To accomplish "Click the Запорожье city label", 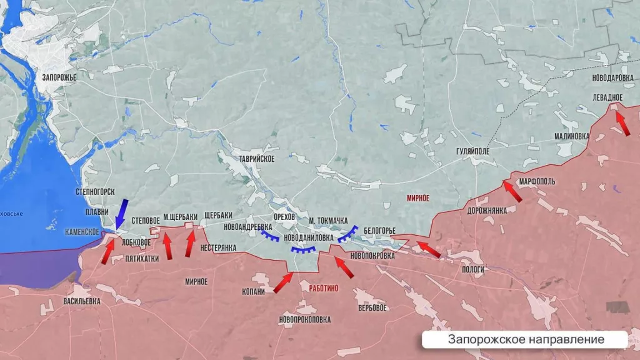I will click(x=59, y=77).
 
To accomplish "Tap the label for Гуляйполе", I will click(x=473, y=152).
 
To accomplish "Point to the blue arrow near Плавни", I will click(x=121, y=214).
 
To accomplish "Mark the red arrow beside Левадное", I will click(x=622, y=122).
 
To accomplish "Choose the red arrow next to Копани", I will click(x=282, y=283).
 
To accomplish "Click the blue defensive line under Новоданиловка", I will click(x=303, y=250).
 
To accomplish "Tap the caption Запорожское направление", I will click(x=526, y=339).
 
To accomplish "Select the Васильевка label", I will click(x=82, y=301).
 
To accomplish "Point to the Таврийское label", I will click(x=252, y=159).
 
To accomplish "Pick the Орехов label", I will click(x=284, y=216).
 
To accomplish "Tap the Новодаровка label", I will click(x=613, y=77).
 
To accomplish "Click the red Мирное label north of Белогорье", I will click(x=417, y=197).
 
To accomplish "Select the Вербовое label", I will click(x=372, y=307).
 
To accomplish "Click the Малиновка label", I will click(x=571, y=136).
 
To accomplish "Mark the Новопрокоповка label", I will click(x=305, y=319).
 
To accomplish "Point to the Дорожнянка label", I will click(x=486, y=211).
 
